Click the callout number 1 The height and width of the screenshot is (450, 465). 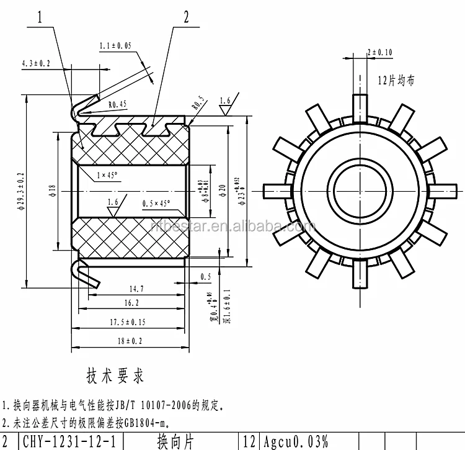coord(40,19)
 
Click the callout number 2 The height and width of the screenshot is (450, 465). coord(185,17)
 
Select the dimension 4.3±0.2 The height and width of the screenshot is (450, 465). coord(35,63)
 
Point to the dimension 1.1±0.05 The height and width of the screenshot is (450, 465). coord(115,46)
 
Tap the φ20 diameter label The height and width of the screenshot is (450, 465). coord(221,189)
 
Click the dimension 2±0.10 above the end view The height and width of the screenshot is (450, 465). coord(379,52)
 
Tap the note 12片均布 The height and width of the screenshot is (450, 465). coord(397,80)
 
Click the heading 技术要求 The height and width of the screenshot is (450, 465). coord(115,376)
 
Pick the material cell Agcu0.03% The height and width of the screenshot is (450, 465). coord(294,442)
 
